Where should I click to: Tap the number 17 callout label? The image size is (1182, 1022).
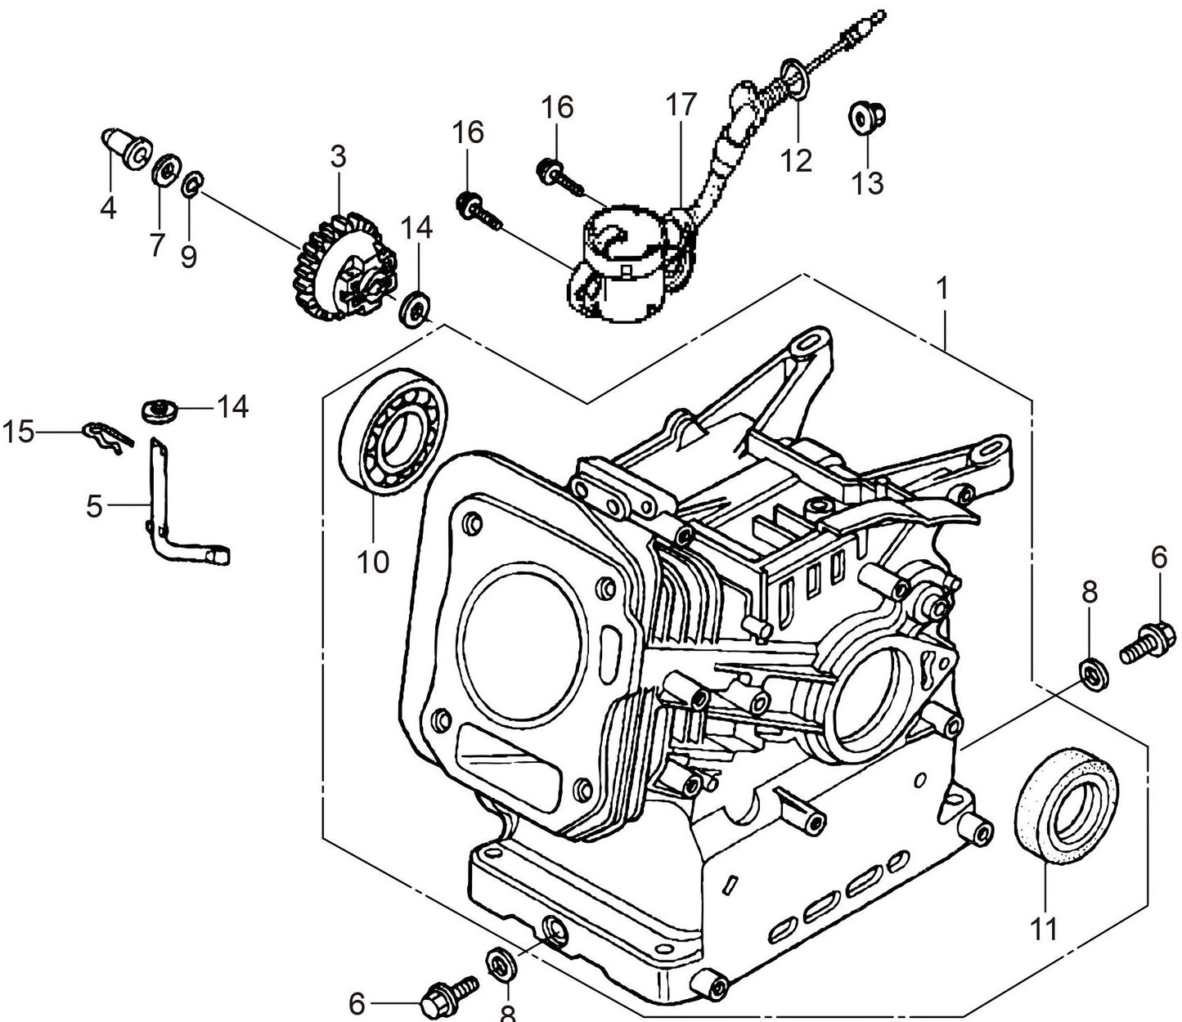[x=681, y=105]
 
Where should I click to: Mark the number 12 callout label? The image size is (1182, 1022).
[x=795, y=160]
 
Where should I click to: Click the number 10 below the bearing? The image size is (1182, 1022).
[x=373, y=563]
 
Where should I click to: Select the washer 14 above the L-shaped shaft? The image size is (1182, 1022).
[x=160, y=409]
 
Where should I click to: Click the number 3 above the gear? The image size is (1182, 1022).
[x=338, y=155]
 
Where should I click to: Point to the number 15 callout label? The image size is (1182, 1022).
[x=19, y=431]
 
